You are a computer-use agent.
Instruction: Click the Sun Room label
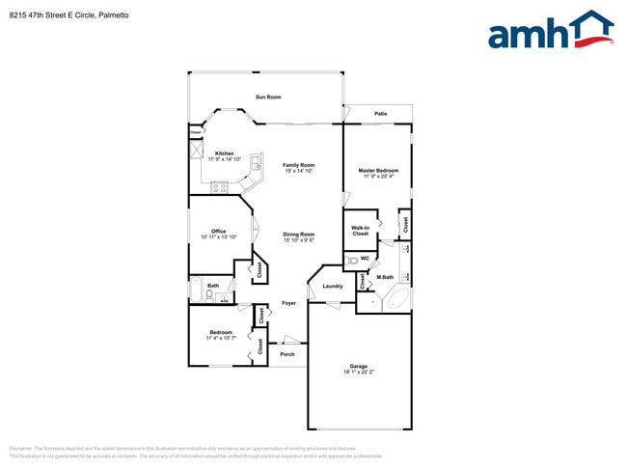pos(268,97)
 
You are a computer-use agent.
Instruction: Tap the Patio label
pos(381,114)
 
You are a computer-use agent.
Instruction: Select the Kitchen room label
pos(224,153)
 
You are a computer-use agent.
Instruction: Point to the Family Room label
pos(298,165)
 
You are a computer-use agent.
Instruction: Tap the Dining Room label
pos(298,235)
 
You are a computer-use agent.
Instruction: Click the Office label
pos(219,231)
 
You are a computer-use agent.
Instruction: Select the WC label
pos(366,259)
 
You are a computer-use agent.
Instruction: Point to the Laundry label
pos(333,286)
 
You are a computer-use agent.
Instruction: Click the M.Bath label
pos(385,278)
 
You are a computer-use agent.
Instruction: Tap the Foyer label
pos(288,303)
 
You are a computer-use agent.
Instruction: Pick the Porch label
pos(287,354)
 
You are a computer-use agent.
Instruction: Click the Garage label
pos(358,367)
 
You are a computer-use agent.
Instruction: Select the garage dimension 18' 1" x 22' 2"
pos(358,373)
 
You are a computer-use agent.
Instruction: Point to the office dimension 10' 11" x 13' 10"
pos(219,236)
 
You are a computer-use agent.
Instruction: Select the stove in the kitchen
pos(219,186)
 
